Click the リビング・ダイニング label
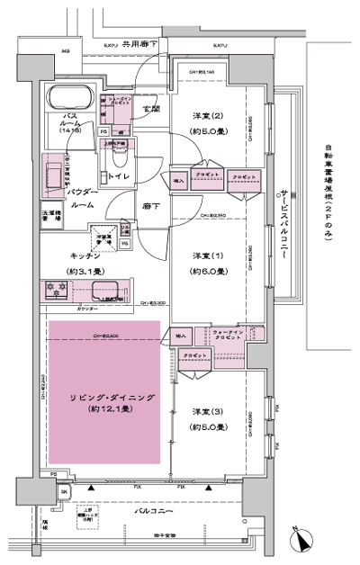[104, 397]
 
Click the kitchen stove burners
[56, 290]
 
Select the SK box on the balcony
[64, 492]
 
